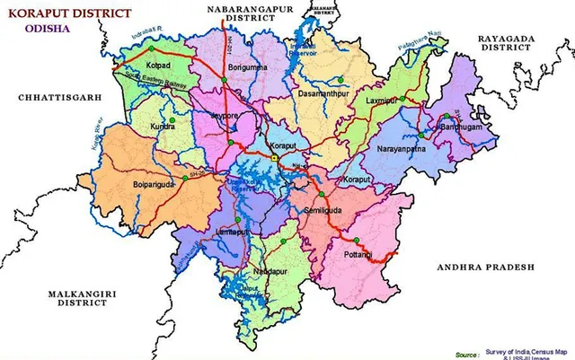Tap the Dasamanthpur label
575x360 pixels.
pos(320,94)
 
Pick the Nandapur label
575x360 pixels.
pos(271,270)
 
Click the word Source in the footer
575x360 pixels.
pos(466,354)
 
